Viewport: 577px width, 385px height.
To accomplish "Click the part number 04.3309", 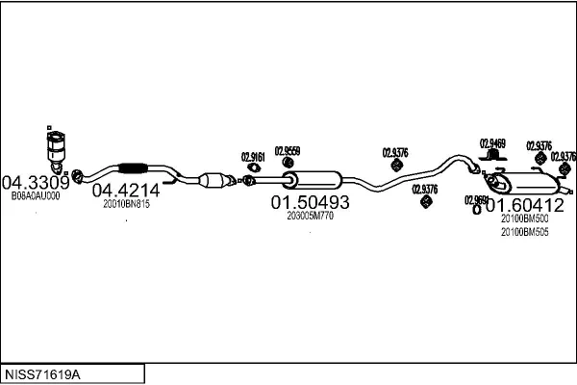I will [35, 182].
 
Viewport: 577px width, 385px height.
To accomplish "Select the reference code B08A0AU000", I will [36, 195].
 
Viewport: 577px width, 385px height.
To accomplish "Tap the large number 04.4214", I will [125, 191].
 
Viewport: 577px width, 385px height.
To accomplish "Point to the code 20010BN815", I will [125, 204].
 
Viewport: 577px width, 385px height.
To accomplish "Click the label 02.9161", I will [252, 158].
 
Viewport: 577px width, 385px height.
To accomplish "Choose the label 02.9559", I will [287, 150].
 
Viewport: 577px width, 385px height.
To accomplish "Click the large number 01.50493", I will [310, 203].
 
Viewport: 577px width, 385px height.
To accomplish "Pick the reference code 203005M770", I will [310, 217].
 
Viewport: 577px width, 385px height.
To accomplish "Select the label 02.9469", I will [492, 143].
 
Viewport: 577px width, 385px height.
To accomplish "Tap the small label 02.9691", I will [477, 200].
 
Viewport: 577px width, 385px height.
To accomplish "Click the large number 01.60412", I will [524, 205].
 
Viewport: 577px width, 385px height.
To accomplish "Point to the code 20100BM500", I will [524, 218].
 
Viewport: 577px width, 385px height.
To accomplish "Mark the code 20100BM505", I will [524, 232].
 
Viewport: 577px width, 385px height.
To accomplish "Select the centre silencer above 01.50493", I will [315, 179].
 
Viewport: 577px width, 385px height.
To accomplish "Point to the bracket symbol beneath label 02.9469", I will [492, 158].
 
